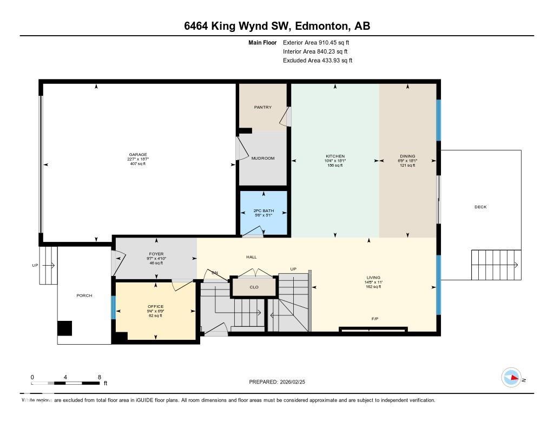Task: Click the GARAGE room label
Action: tap(137, 155)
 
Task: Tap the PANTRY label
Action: tap(262, 107)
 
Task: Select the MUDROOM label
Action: tap(263, 158)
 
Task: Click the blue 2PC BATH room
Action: tap(263, 212)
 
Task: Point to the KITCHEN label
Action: tap(335, 156)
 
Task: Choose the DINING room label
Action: tap(407, 156)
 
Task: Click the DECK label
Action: tap(480, 207)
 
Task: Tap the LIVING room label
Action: tap(373, 278)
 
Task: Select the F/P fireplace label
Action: tap(374, 319)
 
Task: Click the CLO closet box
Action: tap(254, 287)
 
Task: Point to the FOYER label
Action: tap(156, 254)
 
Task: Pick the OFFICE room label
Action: tap(155, 307)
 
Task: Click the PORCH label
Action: tap(84, 295)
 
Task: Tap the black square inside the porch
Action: tap(65, 328)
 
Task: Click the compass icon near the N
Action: tap(511, 378)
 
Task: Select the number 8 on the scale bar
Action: tap(99, 377)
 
